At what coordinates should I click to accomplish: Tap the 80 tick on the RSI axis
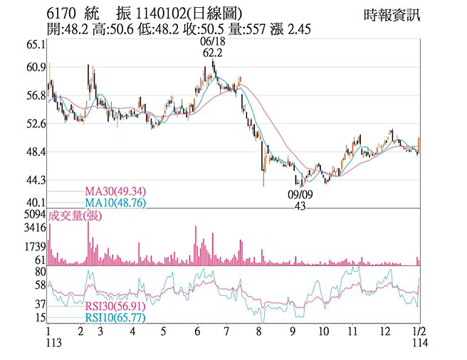40,272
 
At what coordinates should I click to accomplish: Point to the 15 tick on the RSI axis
40,317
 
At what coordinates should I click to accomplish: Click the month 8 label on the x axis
260,332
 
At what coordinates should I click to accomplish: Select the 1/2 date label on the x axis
419,332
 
